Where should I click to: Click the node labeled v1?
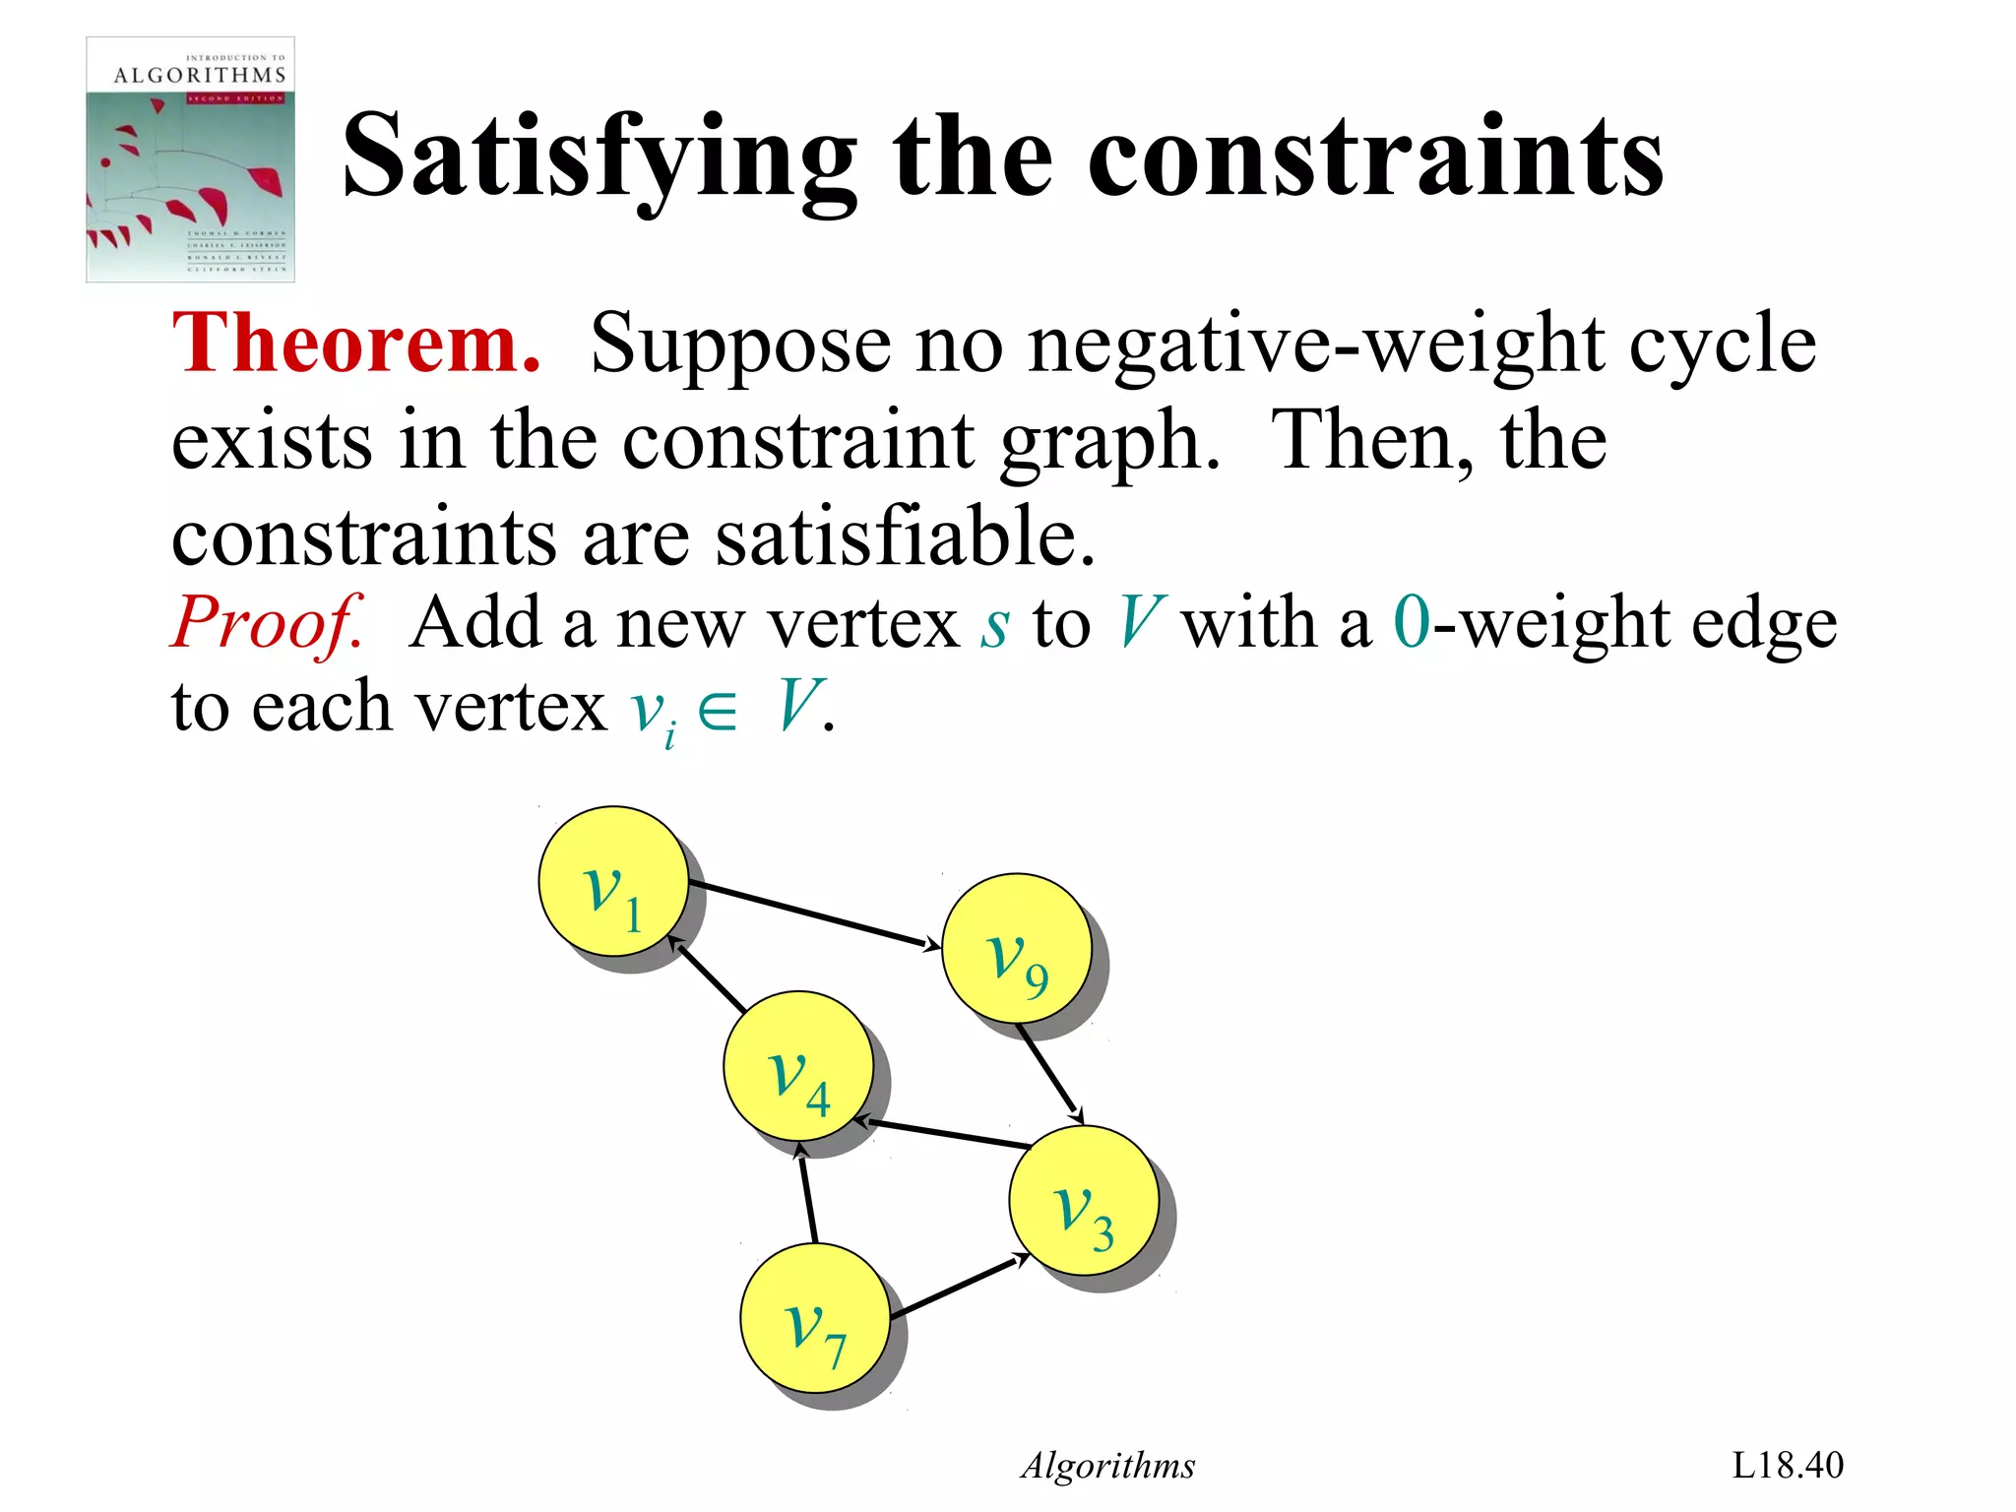pyautogui.click(x=612, y=881)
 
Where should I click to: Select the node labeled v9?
pyautogui.click(x=1016, y=948)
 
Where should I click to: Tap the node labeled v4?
pyautogui.click(x=797, y=1065)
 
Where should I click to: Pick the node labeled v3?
pyautogui.click(x=1083, y=1200)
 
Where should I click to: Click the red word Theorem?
pyautogui.click(x=356, y=344)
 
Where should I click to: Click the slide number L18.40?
pyautogui.click(x=1787, y=1465)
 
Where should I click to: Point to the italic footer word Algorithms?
pyautogui.click(x=1108, y=1466)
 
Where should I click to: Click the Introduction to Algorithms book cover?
pyautogui.click(x=190, y=159)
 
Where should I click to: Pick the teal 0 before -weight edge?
pyautogui.click(x=1412, y=624)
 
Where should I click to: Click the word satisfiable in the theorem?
pyautogui.click(x=904, y=537)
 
